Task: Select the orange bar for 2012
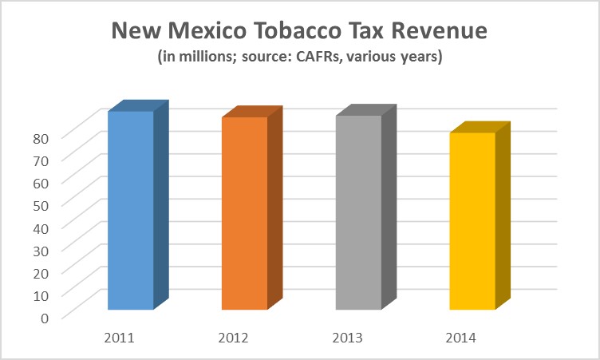[244, 213]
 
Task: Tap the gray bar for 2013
[358, 212]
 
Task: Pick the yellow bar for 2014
[472, 221]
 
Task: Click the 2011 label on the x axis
[119, 338]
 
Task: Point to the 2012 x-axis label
[233, 338]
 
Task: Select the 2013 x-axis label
[347, 338]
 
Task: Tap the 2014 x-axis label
[461, 338]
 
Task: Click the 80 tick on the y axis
[41, 136]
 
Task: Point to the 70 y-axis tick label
[41, 159]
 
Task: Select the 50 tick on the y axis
[41, 204]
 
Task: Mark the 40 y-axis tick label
[41, 226]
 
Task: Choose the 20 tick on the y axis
[41, 271]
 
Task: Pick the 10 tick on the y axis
[41, 294]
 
